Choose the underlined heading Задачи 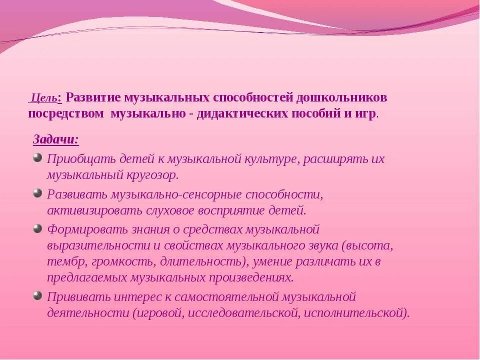tap(55, 139)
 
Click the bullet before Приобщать tap(37, 158)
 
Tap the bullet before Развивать tap(37, 193)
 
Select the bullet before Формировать tap(37, 228)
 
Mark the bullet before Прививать tap(37, 295)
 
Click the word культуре tap(270, 159)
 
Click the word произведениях tap(250, 277)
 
